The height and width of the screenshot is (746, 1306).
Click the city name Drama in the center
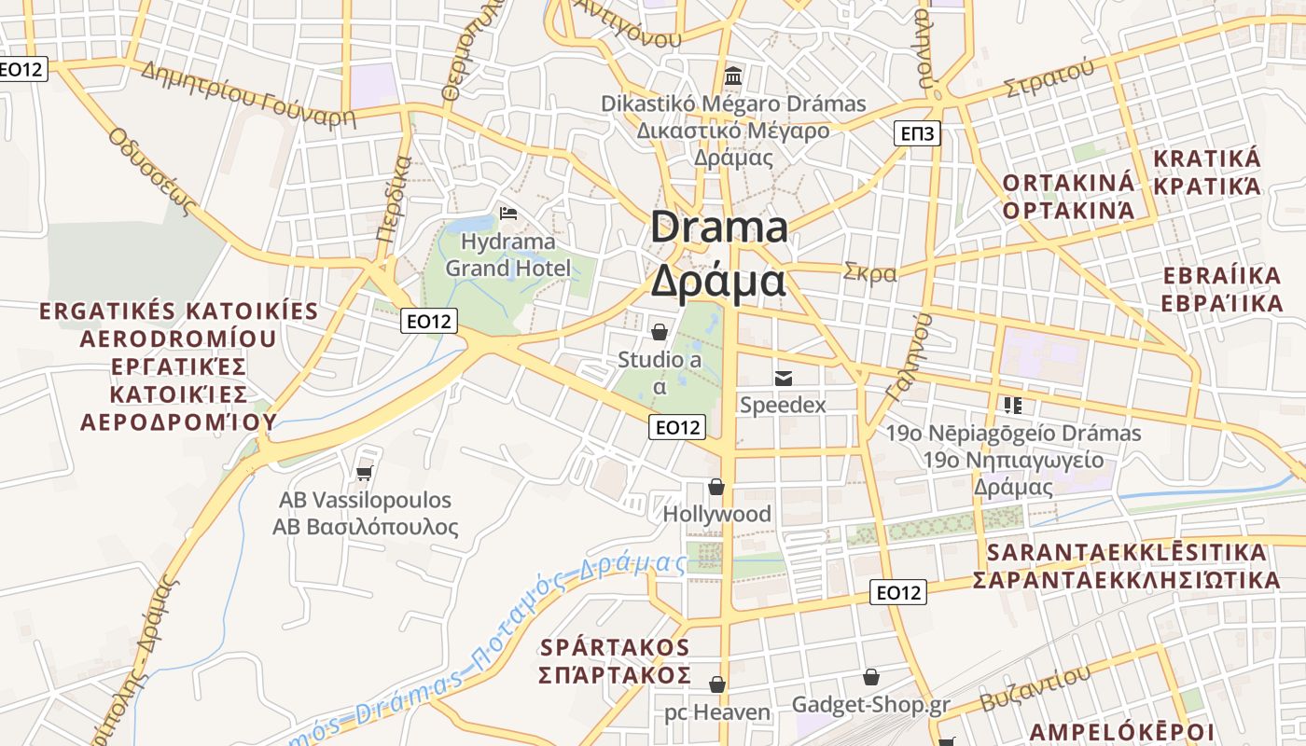(x=718, y=228)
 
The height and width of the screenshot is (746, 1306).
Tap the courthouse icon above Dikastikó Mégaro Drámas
(x=733, y=76)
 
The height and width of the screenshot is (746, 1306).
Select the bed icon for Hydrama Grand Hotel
(x=508, y=214)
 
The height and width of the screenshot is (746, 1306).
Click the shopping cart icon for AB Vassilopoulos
(x=365, y=473)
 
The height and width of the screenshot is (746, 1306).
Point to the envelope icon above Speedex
(x=783, y=378)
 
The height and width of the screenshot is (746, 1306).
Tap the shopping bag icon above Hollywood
(x=716, y=487)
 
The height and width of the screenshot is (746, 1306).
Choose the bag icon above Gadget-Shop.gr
(x=870, y=677)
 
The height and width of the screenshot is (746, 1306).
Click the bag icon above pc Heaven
(x=716, y=685)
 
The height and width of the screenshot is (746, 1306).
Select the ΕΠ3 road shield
(x=917, y=133)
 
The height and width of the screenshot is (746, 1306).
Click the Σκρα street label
(x=869, y=273)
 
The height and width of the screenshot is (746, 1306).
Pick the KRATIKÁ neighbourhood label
(x=1207, y=159)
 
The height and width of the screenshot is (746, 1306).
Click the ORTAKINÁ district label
(x=1068, y=182)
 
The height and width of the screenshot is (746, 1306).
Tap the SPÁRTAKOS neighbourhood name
(x=615, y=647)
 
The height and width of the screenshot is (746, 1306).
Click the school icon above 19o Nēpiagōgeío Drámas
(x=1012, y=405)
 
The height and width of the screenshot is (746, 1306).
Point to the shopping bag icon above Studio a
(x=659, y=331)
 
